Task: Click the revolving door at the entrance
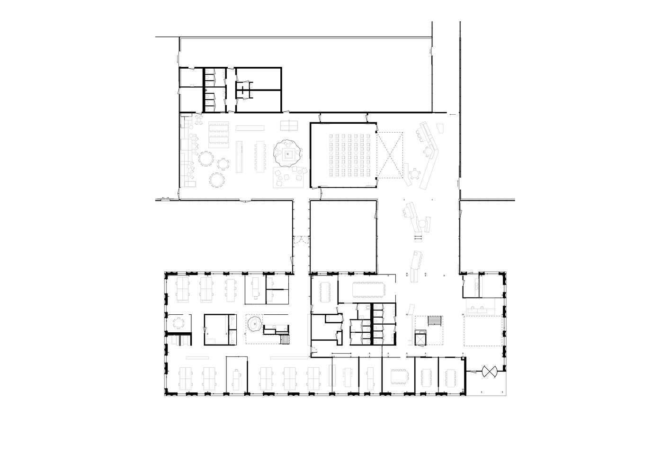pyautogui.click(x=489, y=373)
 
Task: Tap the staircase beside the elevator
pyautogui.click(x=433, y=322)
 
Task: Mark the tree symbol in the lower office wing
pyautogui.click(x=255, y=324)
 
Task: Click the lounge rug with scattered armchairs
pyautogui.click(x=288, y=177)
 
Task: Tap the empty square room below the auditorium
pyautogui.click(x=343, y=235)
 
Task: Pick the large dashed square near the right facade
pyautogui.click(x=482, y=331)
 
